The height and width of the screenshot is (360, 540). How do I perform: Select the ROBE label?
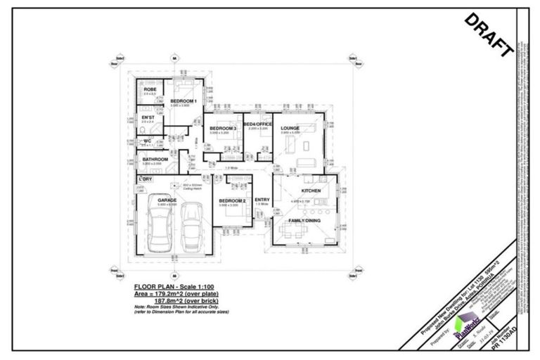pos(150,89)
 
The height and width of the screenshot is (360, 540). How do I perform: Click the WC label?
pos(147,141)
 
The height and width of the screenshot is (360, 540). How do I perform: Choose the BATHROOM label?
pos(155,160)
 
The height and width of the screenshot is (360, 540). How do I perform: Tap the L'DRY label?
pos(146,179)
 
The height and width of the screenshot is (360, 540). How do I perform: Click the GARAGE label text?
pos(167,200)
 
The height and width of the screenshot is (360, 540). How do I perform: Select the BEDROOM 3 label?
pos(222,128)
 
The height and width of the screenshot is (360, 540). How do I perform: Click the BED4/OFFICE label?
pos(257,124)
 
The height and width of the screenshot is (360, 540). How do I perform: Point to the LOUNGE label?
pos(290,128)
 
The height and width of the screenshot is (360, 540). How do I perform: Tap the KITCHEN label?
pos(311,191)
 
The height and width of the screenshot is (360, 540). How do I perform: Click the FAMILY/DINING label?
pos(304,221)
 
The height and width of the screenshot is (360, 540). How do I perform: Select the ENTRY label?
pos(262,200)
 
